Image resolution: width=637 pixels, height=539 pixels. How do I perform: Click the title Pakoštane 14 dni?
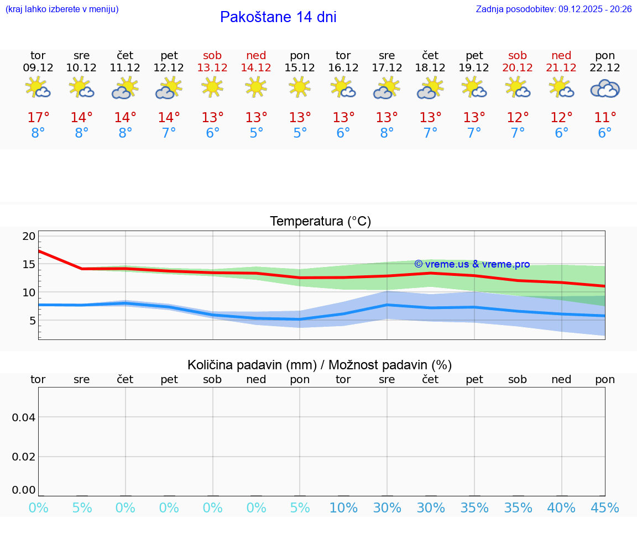point(278,17)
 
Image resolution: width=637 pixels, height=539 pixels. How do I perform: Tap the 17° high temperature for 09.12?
point(38,118)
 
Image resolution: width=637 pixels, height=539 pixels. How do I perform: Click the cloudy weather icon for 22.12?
point(605,88)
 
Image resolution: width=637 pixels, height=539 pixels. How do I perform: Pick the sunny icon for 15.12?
point(300,87)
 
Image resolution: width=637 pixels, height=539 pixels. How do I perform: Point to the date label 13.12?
point(212,68)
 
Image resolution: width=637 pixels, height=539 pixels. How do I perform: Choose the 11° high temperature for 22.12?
point(605,118)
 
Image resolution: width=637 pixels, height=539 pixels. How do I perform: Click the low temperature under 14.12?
point(256,133)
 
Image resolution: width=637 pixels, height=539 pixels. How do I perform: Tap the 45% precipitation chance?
point(605,507)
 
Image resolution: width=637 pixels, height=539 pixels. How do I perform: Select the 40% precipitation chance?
point(561,507)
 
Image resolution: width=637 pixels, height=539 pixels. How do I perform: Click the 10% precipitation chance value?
point(343,507)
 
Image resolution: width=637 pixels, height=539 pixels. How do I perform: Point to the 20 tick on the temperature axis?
point(29,236)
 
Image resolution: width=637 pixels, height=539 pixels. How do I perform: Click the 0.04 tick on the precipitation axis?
point(24,417)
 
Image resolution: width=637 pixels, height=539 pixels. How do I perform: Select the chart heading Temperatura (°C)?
point(320,222)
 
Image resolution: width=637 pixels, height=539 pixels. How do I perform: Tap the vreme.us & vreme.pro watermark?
point(472,264)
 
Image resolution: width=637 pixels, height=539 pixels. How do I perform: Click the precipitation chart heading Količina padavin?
point(320,365)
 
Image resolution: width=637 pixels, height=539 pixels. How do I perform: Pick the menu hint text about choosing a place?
point(61,9)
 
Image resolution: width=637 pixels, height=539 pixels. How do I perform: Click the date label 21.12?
point(561,68)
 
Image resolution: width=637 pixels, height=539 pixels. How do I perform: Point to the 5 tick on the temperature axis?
point(32,321)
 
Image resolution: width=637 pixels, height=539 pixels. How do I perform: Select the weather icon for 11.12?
point(126,88)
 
